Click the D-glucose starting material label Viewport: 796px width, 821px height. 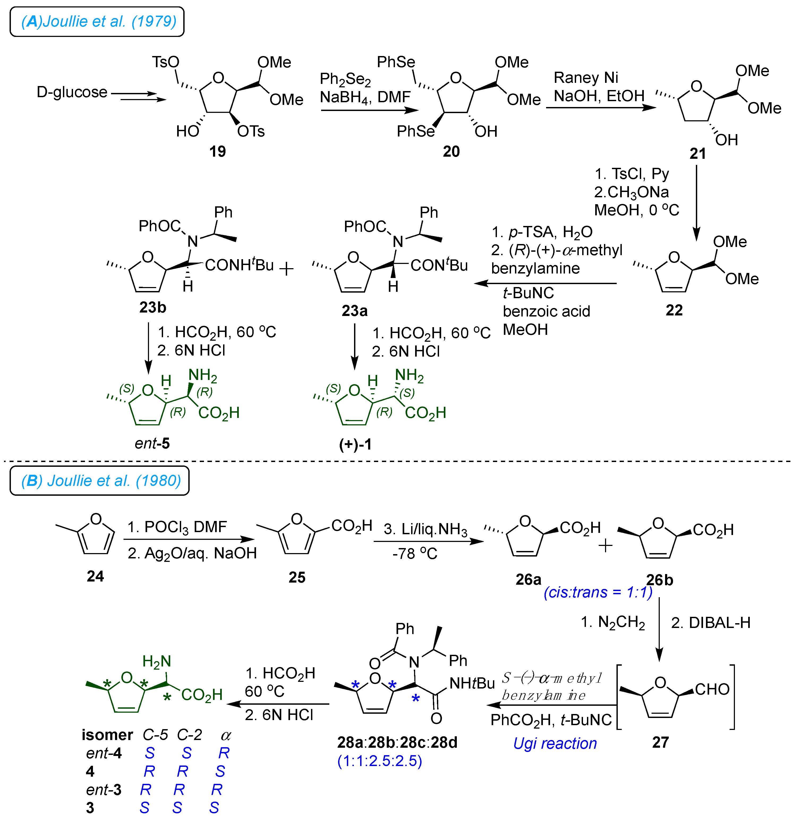tap(72, 92)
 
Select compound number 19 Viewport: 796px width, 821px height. tap(218, 151)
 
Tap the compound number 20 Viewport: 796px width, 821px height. tap(451, 151)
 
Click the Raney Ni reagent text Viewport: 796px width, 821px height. tap(586, 78)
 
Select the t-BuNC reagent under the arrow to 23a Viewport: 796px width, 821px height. tap(528, 293)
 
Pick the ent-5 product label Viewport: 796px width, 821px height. tap(152, 443)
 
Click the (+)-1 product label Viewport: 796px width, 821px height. tap(355, 444)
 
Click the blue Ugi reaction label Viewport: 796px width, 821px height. tap(555, 743)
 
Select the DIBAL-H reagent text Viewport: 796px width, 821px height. tap(710, 623)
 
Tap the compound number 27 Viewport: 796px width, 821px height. tap(660, 742)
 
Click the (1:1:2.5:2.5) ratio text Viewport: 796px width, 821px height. tap(380, 761)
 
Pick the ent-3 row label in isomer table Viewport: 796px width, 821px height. tap(104, 790)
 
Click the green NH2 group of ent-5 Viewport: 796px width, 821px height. tap(203, 375)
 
